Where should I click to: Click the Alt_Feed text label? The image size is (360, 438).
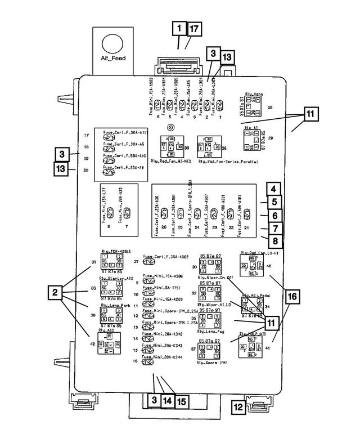[113, 59]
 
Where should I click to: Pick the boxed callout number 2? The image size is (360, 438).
[55, 292]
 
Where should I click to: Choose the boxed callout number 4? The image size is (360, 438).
[273, 190]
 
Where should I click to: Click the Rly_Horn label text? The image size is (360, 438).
[255, 95]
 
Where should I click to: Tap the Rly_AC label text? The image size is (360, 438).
[251, 128]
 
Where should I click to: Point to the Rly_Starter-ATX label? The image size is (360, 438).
[116, 278]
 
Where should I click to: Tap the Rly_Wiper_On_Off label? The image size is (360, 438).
[215, 278]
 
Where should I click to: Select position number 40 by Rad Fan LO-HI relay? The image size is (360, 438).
[269, 265]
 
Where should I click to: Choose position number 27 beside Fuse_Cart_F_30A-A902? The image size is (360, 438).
[136, 262]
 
